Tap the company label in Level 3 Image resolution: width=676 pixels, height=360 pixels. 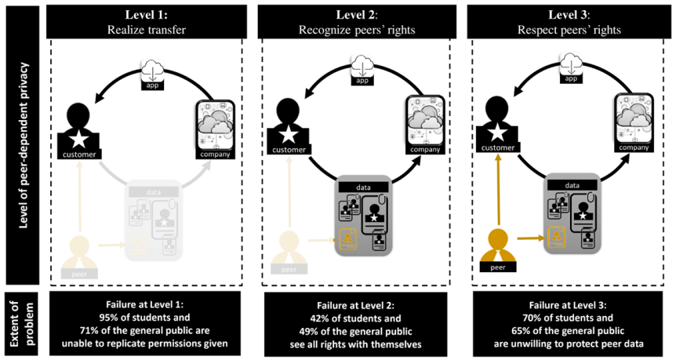click(636, 148)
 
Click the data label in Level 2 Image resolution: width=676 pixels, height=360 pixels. click(363, 187)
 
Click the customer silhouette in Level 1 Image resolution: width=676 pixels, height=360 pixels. click(79, 125)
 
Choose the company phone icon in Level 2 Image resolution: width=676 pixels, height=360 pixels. click(424, 122)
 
